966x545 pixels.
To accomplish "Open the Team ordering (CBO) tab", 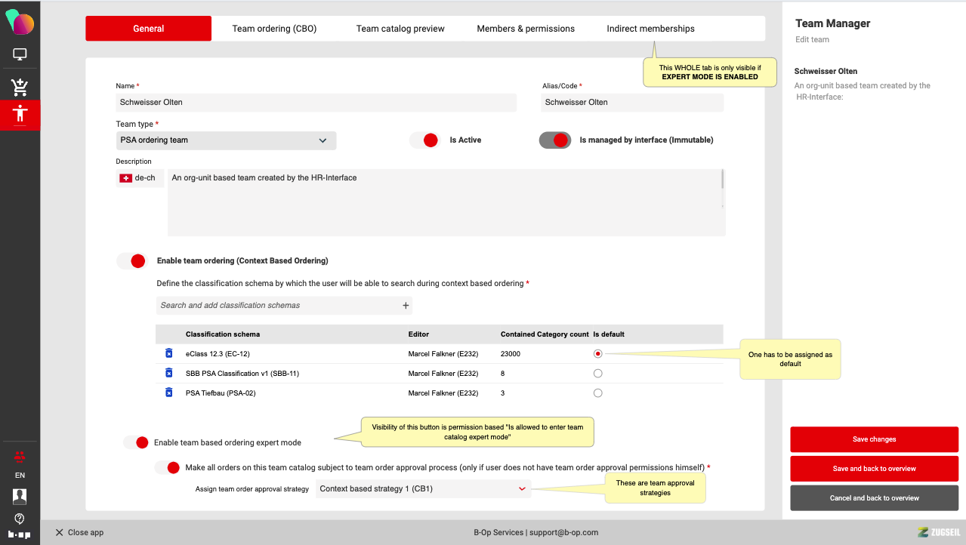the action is point(274,29).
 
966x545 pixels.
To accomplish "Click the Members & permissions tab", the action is point(526,29).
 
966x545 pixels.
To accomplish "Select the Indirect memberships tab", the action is point(650,29).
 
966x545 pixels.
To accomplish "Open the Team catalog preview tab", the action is point(400,29).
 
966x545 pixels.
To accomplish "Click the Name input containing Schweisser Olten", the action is point(316,102).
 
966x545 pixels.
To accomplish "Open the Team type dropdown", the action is point(226,140).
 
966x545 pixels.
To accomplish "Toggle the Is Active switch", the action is point(425,140).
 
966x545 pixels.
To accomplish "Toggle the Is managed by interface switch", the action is point(555,140).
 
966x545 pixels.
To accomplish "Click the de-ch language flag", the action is point(126,178).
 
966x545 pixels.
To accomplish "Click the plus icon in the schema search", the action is point(406,305).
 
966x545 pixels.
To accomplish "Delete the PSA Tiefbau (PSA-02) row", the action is point(169,393).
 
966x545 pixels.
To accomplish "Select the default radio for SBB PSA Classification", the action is point(597,374).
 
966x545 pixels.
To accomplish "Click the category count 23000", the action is point(510,353).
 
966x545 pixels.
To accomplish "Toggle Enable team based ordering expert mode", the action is point(136,442).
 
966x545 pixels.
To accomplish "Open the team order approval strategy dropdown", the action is point(423,488).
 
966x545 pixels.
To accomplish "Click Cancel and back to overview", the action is point(874,498).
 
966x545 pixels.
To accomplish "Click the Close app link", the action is point(80,532).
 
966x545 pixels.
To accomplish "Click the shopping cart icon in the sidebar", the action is point(20,87).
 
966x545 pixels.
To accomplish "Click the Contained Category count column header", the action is point(545,334).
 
